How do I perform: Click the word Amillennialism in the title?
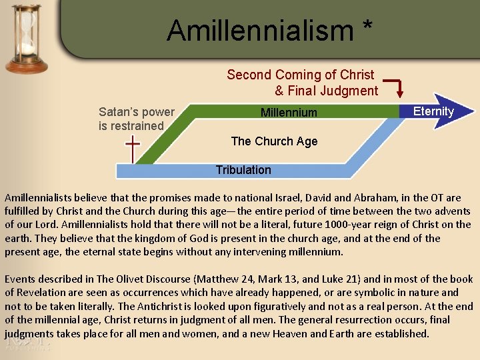tap(260, 30)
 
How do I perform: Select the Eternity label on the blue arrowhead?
tap(433, 111)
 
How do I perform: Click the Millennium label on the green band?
tap(289, 113)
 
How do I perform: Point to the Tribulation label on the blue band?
tap(243, 170)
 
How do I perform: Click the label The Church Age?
tap(274, 141)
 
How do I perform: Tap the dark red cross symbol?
tap(133, 149)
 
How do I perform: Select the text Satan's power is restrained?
tap(136, 119)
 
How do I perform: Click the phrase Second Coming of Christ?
tap(300, 75)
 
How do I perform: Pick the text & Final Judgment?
tap(326, 91)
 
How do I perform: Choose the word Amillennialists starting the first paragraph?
tap(41, 198)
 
